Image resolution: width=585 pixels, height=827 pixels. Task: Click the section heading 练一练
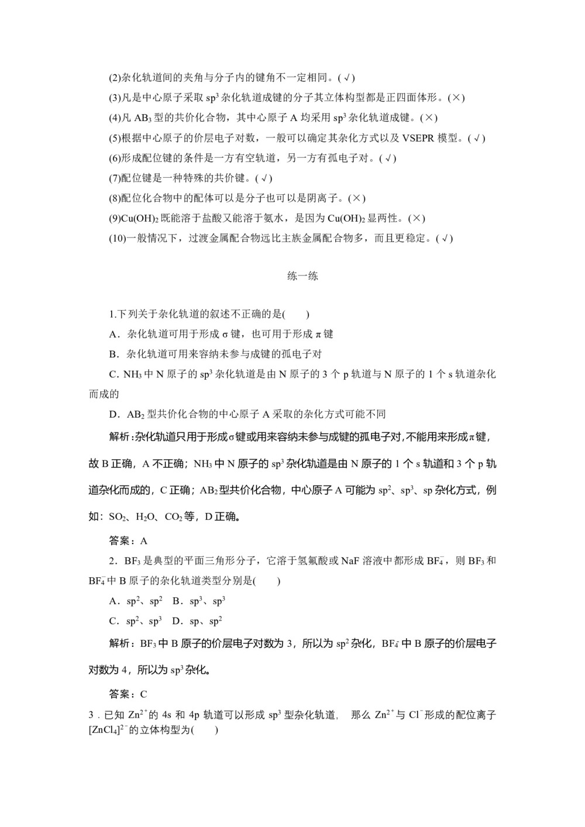tap(302, 276)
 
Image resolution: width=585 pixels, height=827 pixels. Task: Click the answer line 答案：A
tap(129, 540)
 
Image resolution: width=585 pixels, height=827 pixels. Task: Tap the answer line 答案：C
tap(129, 694)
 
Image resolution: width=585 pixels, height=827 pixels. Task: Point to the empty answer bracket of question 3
tap(205, 730)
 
